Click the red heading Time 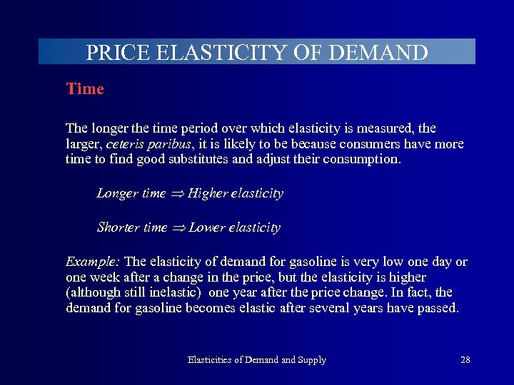pyautogui.click(x=85, y=89)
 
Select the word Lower pyautogui.click(x=207, y=227)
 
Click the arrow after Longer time pyautogui.click(x=176, y=194)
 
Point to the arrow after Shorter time pyautogui.click(x=178, y=228)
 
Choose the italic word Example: pyautogui.click(x=93, y=262)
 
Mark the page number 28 pyautogui.click(x=465, y=360)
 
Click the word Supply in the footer pyautogui.click(x=312, y=360)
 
